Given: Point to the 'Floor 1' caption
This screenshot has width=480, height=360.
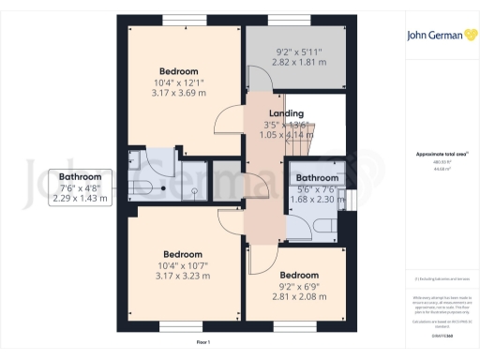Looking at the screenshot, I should point(202,344).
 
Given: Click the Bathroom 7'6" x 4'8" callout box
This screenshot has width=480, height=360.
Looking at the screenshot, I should point(80,187).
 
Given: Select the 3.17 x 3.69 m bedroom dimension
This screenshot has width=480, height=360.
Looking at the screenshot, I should point(178,92).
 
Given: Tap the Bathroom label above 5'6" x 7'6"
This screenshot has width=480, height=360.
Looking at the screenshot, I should point(317,177).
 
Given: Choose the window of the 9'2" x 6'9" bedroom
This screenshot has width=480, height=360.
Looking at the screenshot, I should point(289,326).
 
